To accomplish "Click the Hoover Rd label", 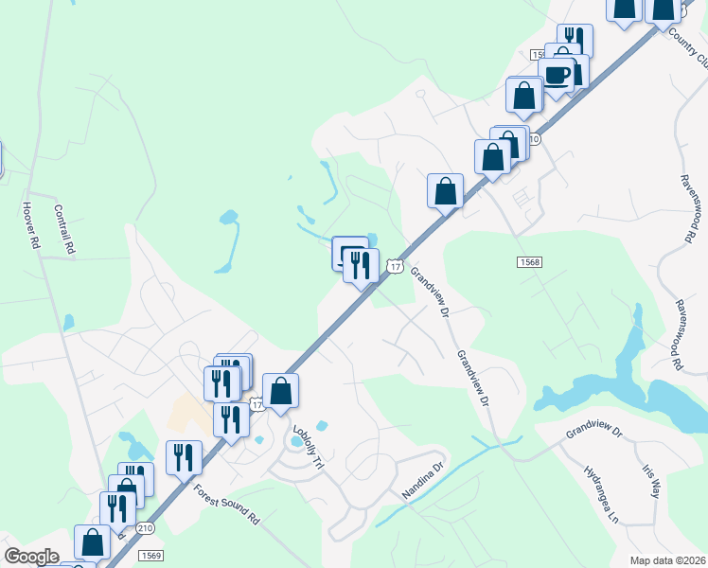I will tap(31, 225).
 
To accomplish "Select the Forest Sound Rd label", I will tap(226, 506).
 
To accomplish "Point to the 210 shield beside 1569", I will tap(145, 526).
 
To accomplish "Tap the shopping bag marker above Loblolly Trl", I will tap(281, 391).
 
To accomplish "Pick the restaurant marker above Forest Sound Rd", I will tap(184, 457).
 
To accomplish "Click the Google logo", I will tap(31, 556).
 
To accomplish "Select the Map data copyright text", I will tap(668, 559).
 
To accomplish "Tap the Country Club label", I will tap(688, 46).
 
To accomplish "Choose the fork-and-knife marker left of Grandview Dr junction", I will tap(361, 264).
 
